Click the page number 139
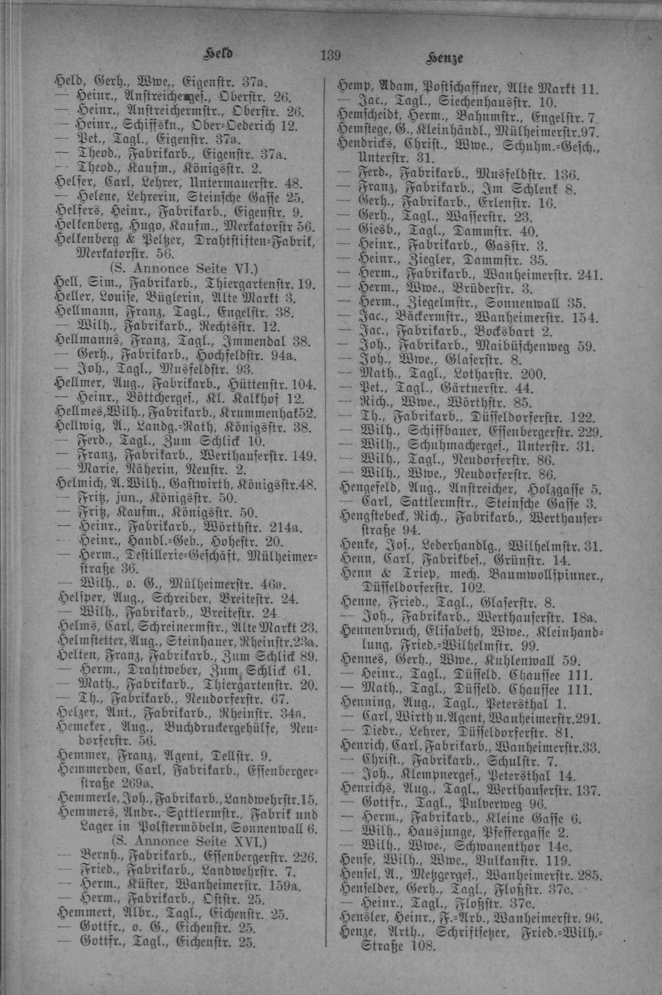pos(330,55)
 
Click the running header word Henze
pos(444,58)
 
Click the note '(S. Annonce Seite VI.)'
pos(184,268)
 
